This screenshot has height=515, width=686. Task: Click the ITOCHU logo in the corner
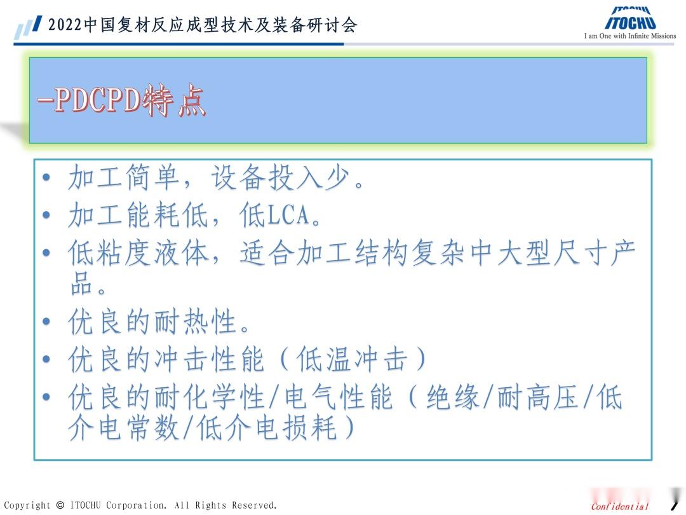click(630, 19)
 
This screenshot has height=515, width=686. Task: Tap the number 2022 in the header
click(65, 25)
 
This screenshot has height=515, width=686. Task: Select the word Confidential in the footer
click(620, 507)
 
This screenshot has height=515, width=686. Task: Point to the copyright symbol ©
click(60, 505)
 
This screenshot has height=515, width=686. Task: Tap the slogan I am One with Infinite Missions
click(630, 36)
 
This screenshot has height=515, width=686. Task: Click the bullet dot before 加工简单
click(46, 178)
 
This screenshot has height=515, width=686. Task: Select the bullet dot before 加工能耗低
click(46, 216)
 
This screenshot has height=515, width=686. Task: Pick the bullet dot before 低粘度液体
click(46, 253)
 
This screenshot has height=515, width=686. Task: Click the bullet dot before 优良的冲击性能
click(46, 360)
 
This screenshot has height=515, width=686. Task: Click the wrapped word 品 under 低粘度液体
click(81, 284)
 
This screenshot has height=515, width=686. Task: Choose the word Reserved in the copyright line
click(253, 505)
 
